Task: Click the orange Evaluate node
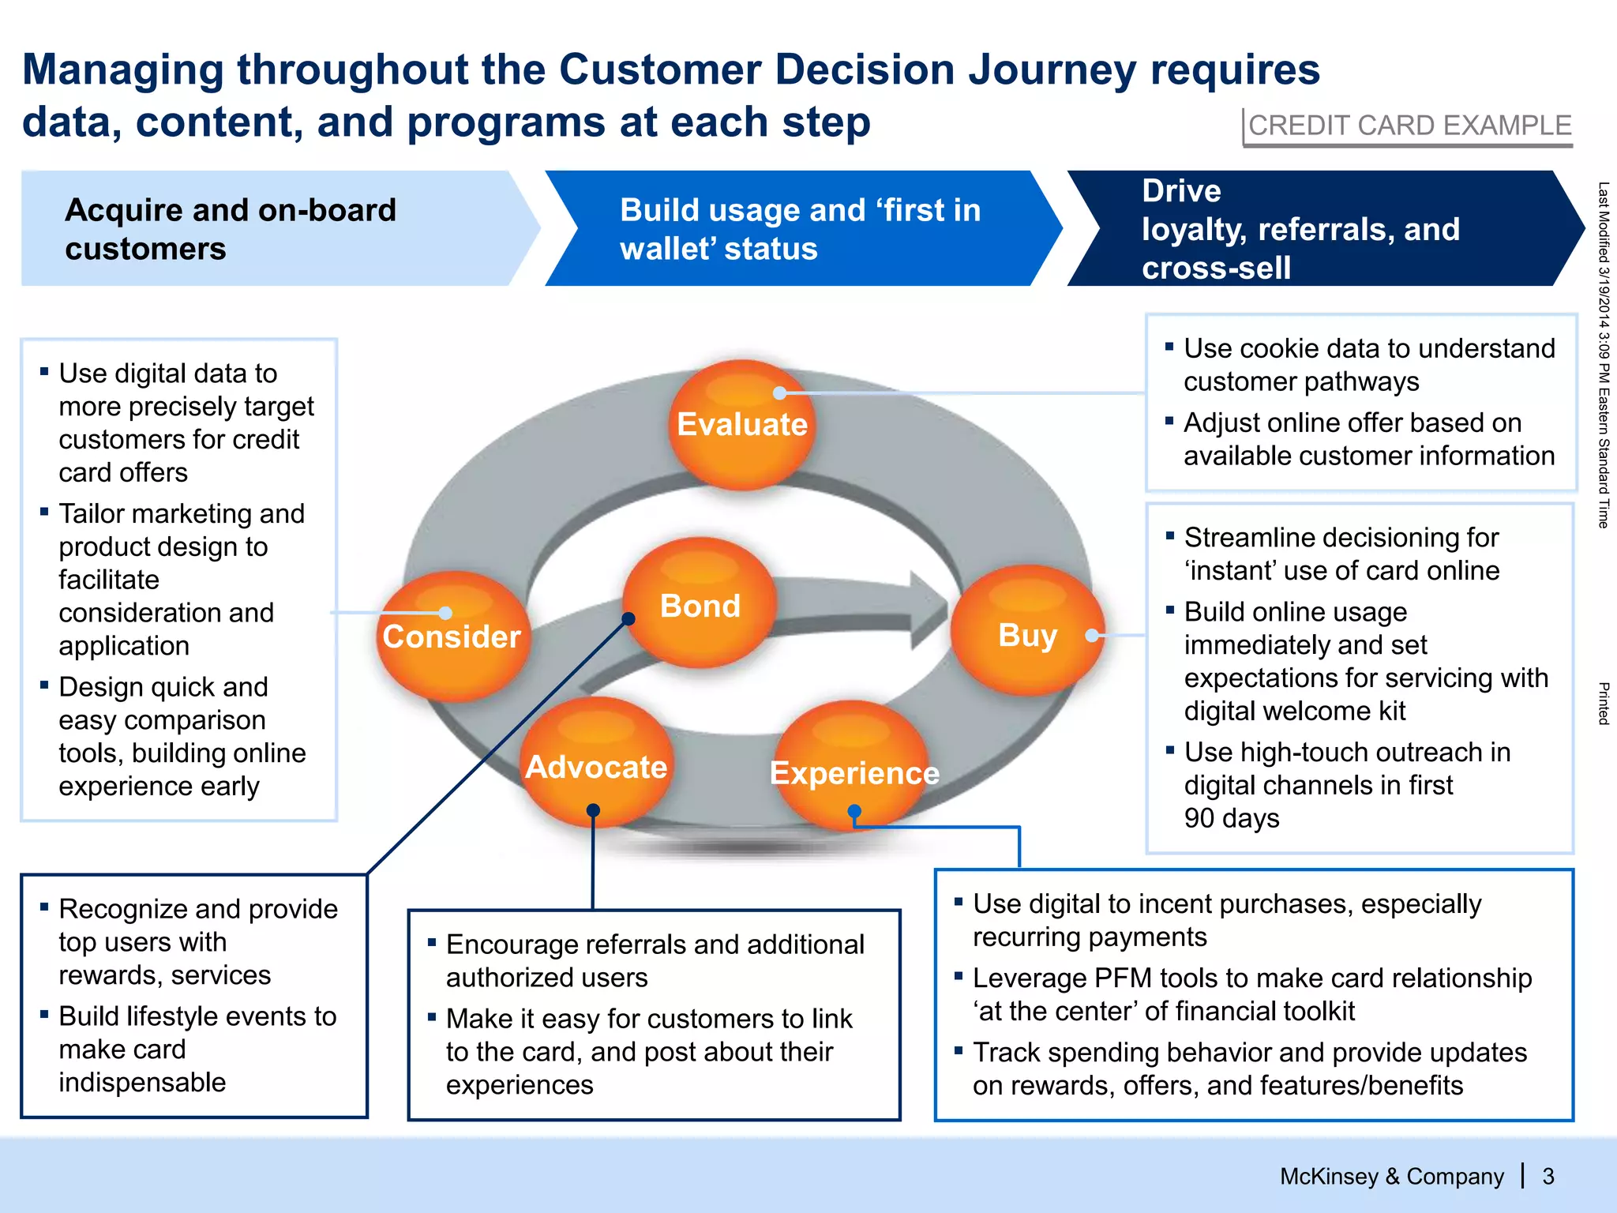point(741,425)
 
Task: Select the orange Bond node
point(700,605)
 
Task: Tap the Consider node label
point(452,637)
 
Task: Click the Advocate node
point(596,766)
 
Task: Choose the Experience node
point(854,772)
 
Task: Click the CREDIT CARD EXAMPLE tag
point(1409,126)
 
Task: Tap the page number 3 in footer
point(1548,1177)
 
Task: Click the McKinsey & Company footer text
point(1391,1177)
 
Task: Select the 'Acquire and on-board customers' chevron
point(268,229)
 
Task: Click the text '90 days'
point(1231,818)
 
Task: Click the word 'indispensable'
point(142,1082)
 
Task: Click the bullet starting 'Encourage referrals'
point(655,944)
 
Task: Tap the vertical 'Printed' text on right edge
point(1604,704)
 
